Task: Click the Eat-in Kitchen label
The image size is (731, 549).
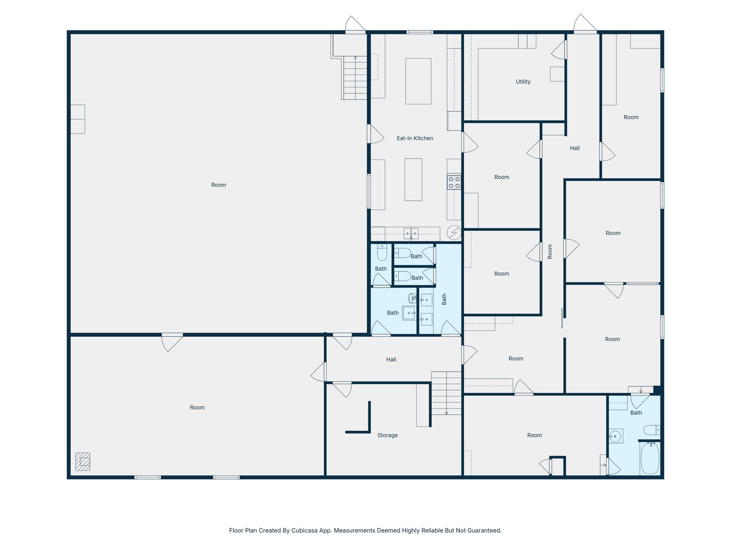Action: [415, 138]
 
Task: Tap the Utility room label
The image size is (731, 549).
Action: [523, 82]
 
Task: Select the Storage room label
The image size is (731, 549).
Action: [387, 435]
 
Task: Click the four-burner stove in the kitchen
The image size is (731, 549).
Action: [454, 182]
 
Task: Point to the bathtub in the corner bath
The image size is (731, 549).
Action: [650, 459]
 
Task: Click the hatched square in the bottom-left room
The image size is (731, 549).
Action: [83, 461]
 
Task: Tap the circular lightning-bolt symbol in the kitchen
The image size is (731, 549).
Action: [454, 233]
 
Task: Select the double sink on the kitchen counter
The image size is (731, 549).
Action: [411, 233]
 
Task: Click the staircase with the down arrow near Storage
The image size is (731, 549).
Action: [446, 393]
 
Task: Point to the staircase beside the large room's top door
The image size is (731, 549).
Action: [355, 78]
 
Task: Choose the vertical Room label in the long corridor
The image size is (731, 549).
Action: [550, 252]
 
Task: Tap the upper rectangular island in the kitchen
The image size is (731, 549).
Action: [418, 81]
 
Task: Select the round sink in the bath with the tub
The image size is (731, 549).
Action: [615, 436]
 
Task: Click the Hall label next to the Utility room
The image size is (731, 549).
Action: [574, 148]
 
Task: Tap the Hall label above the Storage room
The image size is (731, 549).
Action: [391, 360]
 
